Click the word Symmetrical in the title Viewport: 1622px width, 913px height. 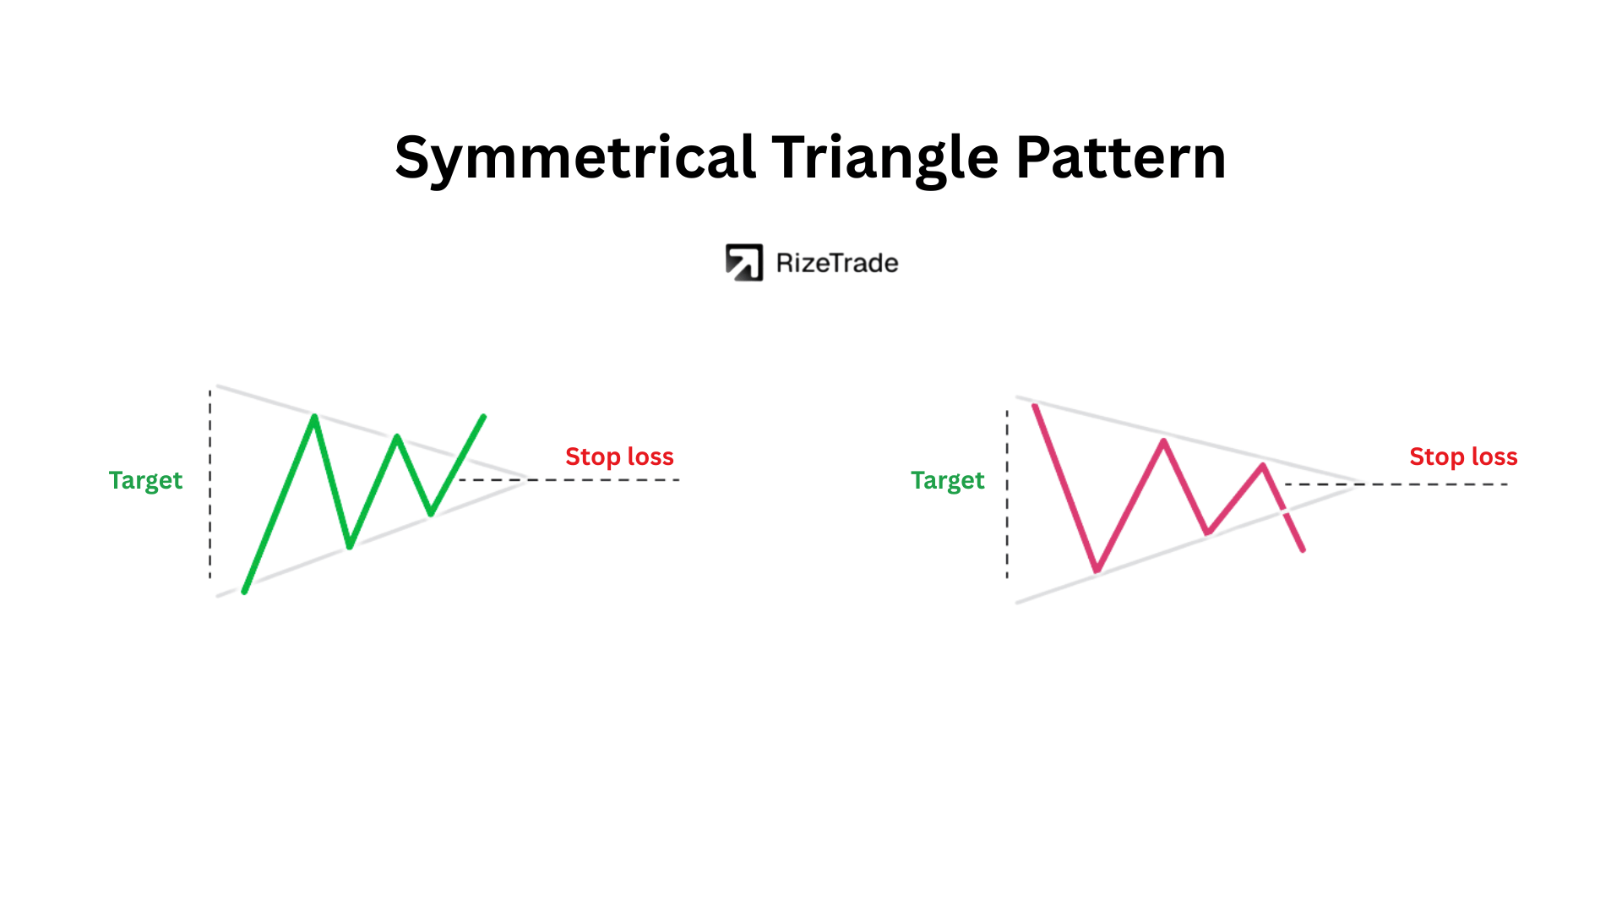coord(574,159)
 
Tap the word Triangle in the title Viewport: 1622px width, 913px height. coord(884,159)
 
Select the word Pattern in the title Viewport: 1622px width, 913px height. coord(1120,157)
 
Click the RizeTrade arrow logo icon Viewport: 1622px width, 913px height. coord(743,262)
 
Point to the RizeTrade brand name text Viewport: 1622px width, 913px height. coord(837,263)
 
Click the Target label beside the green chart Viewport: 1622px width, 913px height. coord(145,480)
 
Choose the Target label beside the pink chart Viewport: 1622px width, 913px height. coord(947,480)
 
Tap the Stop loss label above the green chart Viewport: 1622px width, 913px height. coord(619,456)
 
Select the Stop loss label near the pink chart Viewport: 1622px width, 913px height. coord(1463,456)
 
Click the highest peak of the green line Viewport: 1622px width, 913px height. coord(314,416)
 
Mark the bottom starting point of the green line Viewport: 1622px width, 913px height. coord(244,591)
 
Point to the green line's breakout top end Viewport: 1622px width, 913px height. coord(484,416)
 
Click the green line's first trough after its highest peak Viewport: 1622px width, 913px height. coord(350,546)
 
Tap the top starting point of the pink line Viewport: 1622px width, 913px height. coord(1035,407)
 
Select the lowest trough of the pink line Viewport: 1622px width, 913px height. coord(1097,571)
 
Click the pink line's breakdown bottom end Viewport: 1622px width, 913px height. coord(1303,549)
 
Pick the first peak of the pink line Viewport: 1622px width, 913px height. coord(1163,440)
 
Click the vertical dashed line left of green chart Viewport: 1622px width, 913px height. coord(210,484)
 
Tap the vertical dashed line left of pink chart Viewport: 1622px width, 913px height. coord(1007,495)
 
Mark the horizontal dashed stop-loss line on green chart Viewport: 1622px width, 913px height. coord(569,480)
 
